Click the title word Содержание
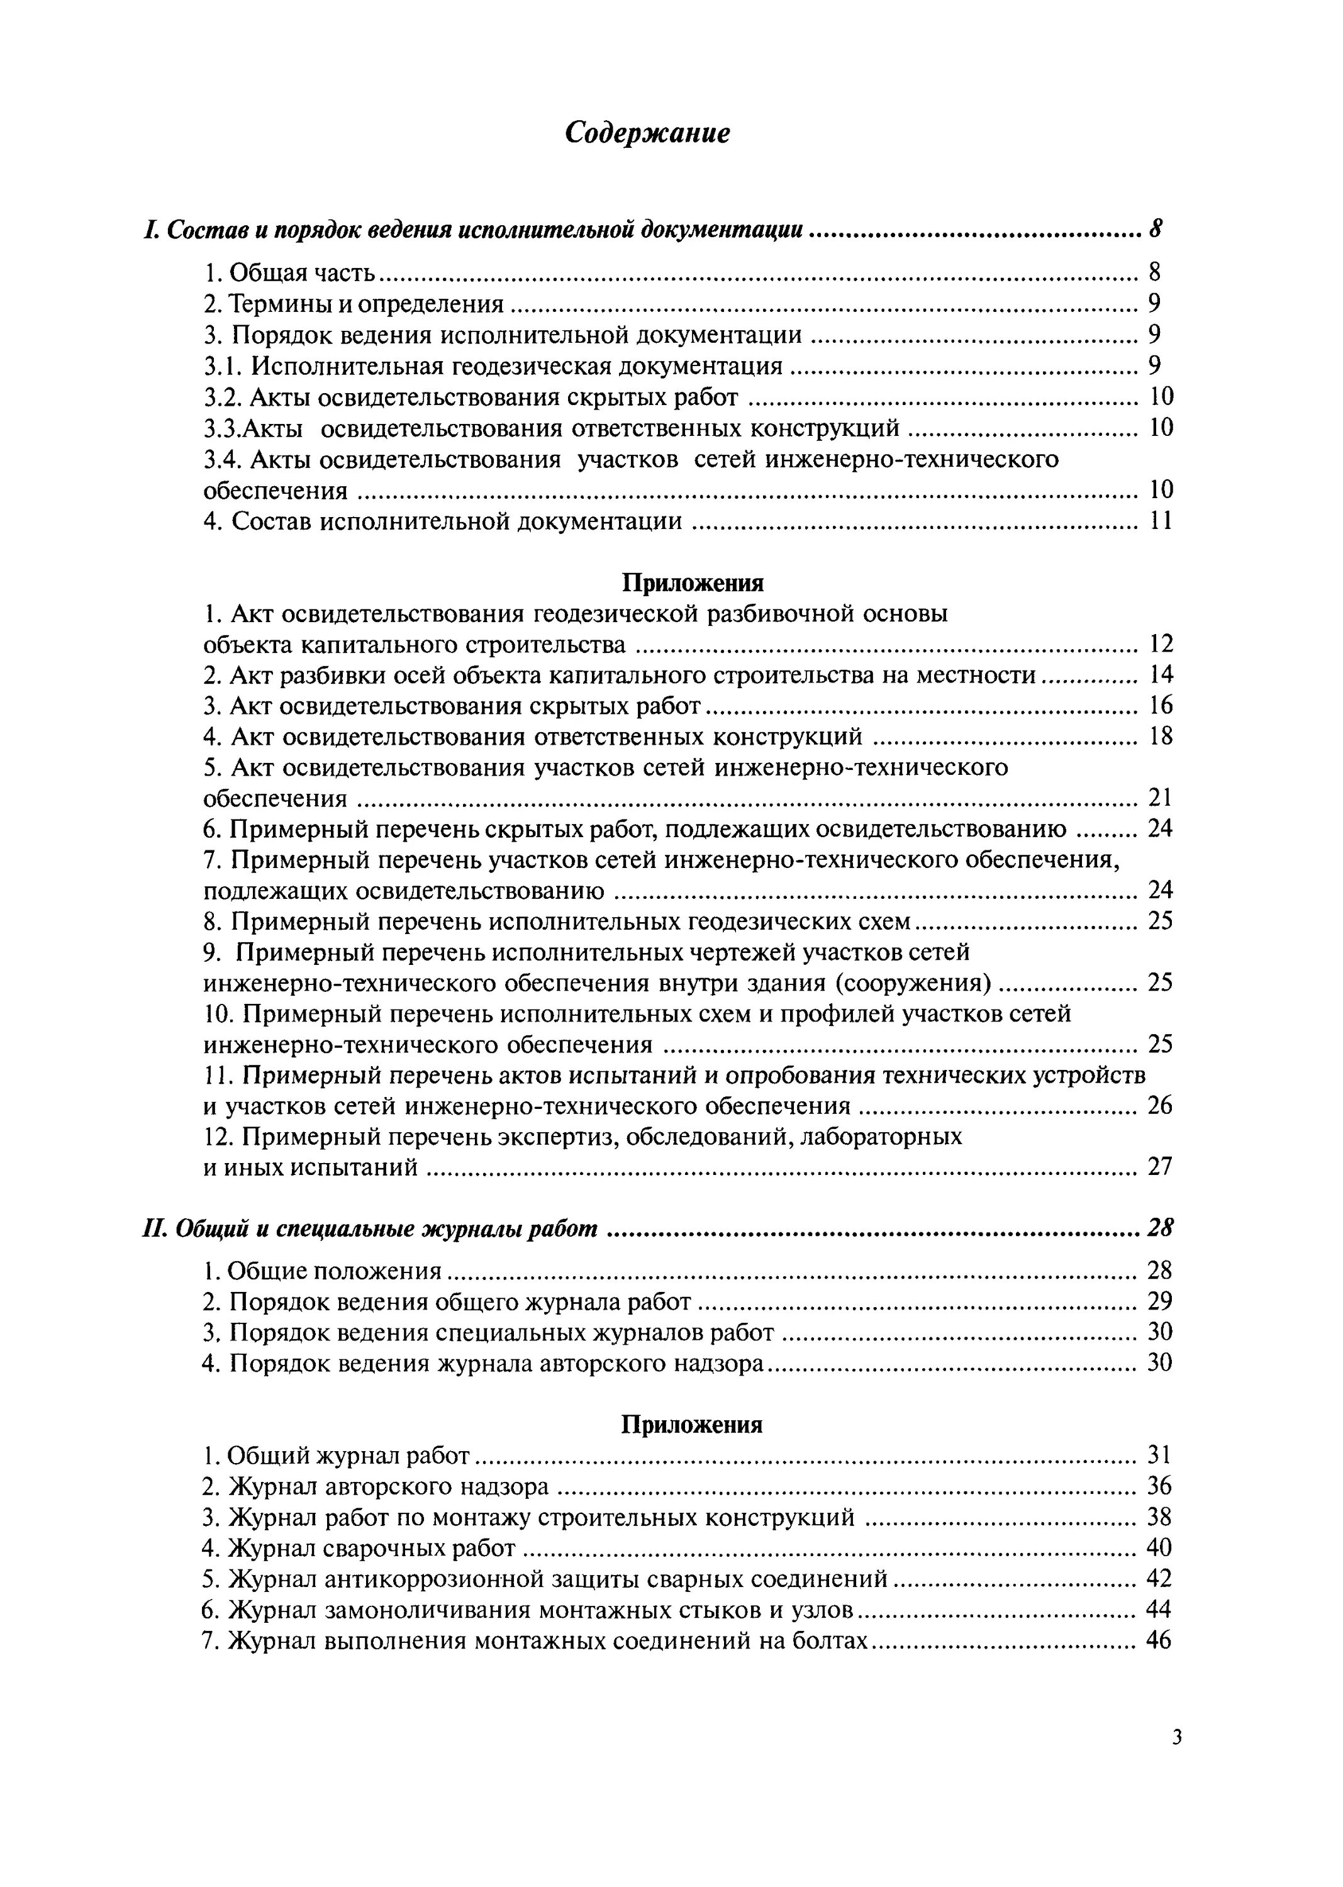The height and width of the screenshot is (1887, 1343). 647,133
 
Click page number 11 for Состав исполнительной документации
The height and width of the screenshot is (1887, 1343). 1161,521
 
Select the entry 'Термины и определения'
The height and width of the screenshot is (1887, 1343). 354,304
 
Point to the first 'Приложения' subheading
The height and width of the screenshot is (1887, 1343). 692,583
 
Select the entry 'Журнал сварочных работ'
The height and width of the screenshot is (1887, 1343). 359,1548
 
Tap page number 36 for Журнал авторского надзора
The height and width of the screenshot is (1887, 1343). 1159,1486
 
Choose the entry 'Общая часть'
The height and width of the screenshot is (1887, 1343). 289,272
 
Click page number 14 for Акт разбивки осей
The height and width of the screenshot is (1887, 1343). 1161,675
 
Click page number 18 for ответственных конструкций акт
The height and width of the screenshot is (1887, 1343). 1161,736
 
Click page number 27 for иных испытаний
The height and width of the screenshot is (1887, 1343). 1159,1167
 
